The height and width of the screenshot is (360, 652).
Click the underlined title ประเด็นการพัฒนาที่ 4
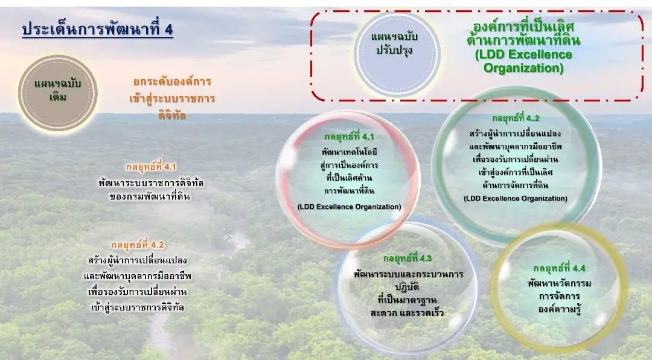tap(97, 30)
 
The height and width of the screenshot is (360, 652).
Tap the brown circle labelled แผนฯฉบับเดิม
tap(58, 90)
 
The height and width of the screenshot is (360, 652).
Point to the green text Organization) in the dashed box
tap(523, 68)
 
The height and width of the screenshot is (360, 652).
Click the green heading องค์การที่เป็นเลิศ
tap(523, 28)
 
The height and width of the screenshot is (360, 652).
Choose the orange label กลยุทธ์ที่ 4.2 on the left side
tap(138, 245)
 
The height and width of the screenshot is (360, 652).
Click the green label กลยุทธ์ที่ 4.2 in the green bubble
tap(515, 118)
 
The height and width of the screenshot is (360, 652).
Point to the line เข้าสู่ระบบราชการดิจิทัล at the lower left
tap(136, 307)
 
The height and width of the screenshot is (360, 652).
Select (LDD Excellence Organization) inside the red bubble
tap(349, 207)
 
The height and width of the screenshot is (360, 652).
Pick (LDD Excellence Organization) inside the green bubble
tap(515, 198)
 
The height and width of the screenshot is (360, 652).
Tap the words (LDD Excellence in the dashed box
tap(523, 55)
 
